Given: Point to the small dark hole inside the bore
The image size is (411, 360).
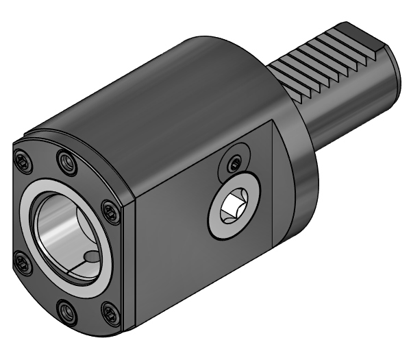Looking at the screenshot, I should coord(91,258).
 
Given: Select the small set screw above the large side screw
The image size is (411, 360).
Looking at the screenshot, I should coord(236,163).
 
